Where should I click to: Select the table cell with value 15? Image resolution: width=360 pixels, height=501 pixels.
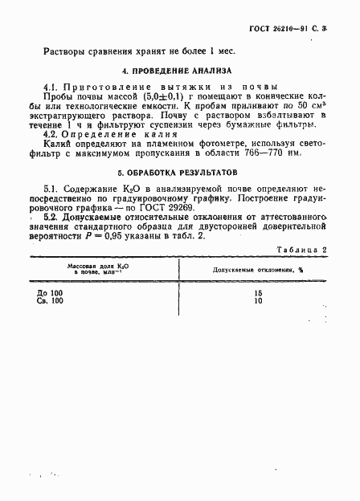click(256, 294)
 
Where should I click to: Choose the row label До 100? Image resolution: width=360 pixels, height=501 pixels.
click(49, 294)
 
